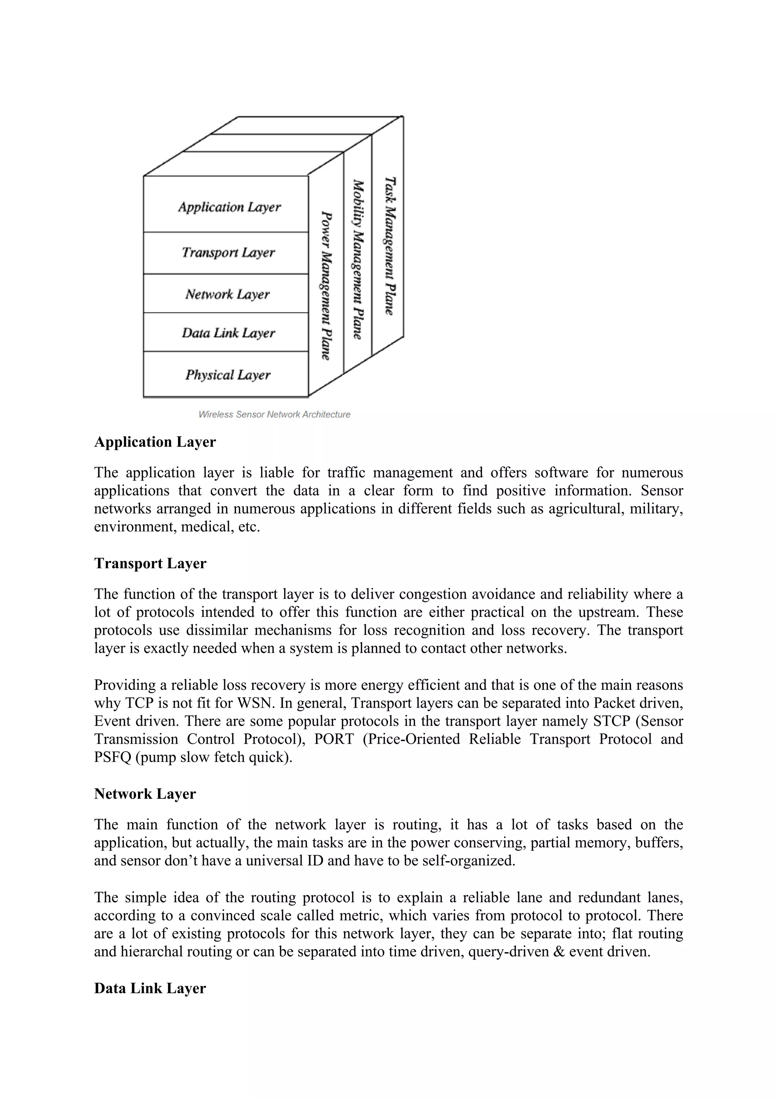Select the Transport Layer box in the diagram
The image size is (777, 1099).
coord(226,253)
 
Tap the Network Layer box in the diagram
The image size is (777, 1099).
coord(226,293)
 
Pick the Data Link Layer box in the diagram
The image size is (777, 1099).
coord(226,332)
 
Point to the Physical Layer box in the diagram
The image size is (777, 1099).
coord(226,374)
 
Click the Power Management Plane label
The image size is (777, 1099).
coord(326,286)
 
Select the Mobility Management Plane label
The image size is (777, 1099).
coord(358,260)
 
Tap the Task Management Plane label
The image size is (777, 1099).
coord(390,246)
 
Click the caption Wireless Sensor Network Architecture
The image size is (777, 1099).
coord(274,415)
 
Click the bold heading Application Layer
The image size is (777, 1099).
coord(155,442)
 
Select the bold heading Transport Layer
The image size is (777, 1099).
coord(150,563)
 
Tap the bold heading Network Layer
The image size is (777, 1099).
coord(145,794)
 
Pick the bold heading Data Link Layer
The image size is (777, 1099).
coord(150,989)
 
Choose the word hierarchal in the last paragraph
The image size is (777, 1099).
coord(152,952)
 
